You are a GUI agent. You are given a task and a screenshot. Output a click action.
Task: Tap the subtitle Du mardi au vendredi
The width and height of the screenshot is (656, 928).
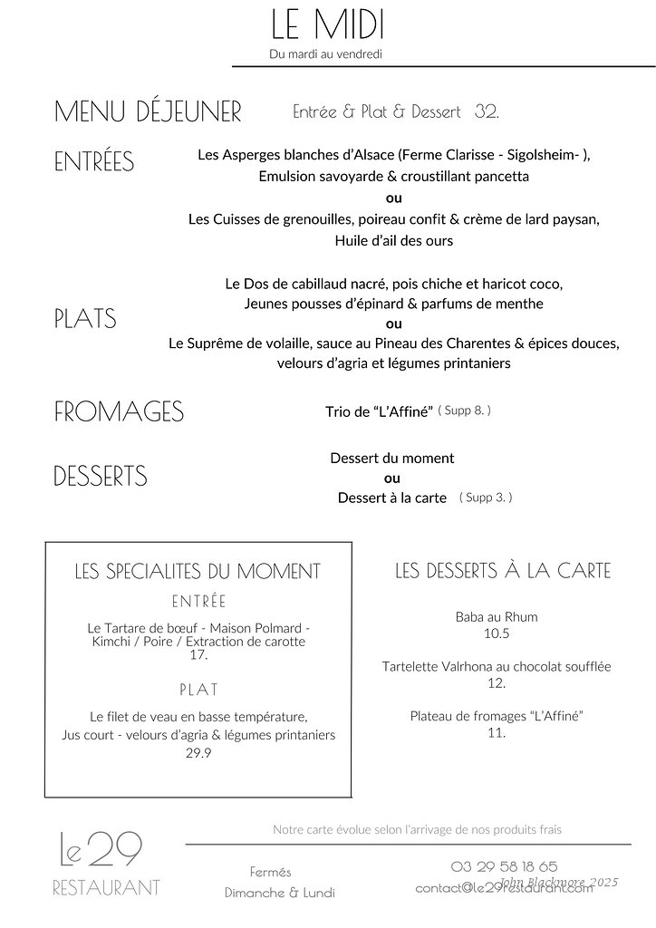point(325,54)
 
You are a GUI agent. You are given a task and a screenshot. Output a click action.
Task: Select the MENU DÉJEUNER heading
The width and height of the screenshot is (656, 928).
point(148,112)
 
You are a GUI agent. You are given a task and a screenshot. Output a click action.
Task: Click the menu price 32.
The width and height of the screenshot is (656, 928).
point(487,112)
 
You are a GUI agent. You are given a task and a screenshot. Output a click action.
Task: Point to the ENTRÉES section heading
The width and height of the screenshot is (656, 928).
point(93,162)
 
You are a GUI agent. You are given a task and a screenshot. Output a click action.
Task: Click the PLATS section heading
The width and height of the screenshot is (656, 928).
point(85,319)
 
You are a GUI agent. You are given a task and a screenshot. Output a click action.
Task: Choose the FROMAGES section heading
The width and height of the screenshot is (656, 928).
point(119,412)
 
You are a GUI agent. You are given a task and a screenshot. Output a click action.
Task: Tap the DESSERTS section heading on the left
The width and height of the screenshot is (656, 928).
point(100,477)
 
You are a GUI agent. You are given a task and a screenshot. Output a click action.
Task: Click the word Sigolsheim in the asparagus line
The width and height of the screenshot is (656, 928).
point(540,155)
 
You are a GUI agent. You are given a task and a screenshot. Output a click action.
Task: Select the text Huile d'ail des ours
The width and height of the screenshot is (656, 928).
point(393,241)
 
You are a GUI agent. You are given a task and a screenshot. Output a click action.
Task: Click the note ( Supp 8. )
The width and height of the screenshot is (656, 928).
point(464,411)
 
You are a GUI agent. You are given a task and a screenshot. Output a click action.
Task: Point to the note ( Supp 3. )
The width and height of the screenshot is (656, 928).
point(486,498)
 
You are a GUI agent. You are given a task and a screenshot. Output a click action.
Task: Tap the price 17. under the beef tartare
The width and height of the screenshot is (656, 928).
point(198,654)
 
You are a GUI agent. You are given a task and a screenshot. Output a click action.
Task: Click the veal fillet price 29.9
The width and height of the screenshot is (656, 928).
point(198,752)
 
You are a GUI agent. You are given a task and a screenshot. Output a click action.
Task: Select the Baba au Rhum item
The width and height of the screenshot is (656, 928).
point(497,617)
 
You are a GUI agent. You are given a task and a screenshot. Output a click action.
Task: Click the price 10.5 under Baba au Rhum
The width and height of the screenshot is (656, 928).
point(497,633)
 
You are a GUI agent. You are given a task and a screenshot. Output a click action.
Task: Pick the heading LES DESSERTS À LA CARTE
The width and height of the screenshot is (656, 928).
point(503,571)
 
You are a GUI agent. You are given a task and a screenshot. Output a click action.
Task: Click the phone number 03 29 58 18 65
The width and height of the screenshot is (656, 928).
point(504,866)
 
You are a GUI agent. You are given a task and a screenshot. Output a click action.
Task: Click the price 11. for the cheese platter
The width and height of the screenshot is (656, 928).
point(496,732)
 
